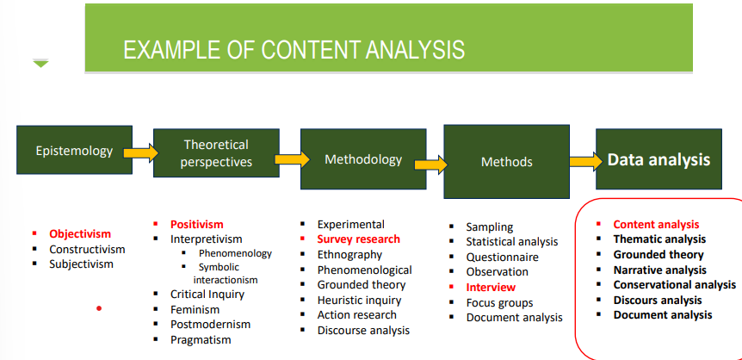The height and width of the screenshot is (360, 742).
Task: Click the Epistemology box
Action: (74, 152)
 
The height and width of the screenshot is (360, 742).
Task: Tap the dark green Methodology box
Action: (362, 159)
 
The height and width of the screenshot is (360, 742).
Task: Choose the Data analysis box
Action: (659, 159)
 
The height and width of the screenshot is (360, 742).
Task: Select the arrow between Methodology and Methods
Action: (434, 162)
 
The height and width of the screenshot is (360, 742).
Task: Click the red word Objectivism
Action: (80, 233)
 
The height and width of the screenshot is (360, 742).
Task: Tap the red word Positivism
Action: (196, 224)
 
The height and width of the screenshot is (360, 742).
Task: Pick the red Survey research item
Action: (358, 239)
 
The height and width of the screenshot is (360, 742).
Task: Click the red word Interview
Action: (491, 287)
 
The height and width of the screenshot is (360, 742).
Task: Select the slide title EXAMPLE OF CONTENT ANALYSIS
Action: (294, 49)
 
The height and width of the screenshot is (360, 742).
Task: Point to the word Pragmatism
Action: (201, 340)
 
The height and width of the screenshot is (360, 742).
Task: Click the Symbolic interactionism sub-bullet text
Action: (226, 273)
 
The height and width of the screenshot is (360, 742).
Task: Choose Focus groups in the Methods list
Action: (499, 302)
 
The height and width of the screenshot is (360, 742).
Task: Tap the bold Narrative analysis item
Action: (659, 270)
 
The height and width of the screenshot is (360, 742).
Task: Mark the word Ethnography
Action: (349, 254)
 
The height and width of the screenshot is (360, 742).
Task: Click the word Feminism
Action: (195, 309)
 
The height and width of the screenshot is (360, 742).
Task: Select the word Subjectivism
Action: (81, 264)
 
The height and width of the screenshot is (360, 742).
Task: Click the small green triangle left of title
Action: (40, 63)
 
